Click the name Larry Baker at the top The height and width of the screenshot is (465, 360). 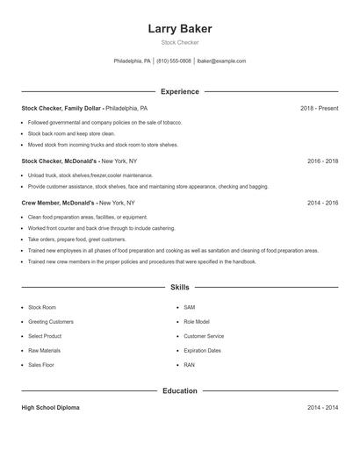point(180,29)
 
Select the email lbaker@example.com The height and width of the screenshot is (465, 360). point(221,61)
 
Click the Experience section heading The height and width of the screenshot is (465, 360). point(180,91)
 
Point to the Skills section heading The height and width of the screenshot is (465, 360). point(180,287)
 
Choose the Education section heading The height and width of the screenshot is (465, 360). point(180,390)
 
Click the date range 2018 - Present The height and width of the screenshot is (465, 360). point(319,108)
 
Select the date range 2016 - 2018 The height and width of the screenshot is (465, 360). point(322,161)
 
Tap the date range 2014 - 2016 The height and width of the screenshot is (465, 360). point(322,203)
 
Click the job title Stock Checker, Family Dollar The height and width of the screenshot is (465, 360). point(61,108)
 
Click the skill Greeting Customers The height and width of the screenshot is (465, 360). point(50,322)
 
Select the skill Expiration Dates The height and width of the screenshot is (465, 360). point(202,350)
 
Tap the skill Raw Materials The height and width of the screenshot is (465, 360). point(44,350)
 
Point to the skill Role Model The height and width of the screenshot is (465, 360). point(197,322)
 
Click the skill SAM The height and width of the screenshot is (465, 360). point(190,308)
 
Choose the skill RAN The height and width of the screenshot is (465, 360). point(190,364)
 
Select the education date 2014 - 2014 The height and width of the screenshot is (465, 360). point(322,408)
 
